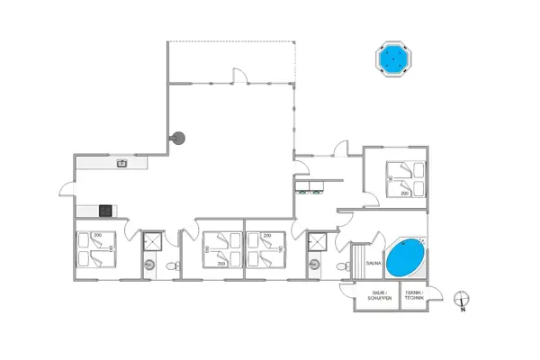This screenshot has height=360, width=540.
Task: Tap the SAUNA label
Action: [373, 263]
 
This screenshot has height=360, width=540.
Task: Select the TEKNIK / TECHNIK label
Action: [414, 295]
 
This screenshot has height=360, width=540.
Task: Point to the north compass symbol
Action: [460, 300]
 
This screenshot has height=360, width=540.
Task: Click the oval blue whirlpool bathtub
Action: [407, 257]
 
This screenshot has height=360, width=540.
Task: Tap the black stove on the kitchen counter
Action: [105, 211]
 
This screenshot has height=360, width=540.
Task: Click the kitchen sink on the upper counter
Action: [121, 163]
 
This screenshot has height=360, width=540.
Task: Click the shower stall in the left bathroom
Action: [152, 240]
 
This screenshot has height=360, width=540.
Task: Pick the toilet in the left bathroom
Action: [175, 265]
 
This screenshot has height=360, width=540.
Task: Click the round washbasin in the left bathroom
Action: [149, 265]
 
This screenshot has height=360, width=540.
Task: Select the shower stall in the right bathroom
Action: [317, 240]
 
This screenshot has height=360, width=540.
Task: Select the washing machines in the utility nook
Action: [314, 186]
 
